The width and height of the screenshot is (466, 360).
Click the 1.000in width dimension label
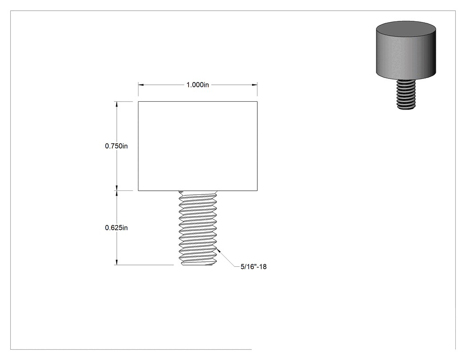click(x=197, y=85)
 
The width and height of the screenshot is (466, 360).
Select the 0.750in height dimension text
click(x=116, y=146)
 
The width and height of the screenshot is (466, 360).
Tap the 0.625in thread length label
click(x=116, y=228)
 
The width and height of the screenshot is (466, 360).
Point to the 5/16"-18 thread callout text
click(x=253, y=267)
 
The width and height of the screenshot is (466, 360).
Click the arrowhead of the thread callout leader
click(x=219, y=251)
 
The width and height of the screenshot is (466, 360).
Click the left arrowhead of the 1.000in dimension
click(x=141, y=85)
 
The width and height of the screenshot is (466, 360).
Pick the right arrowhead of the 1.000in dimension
click(x=254, y=85)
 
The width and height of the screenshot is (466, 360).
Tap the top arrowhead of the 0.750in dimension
click(x=116, y=104)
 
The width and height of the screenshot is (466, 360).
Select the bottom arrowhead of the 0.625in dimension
click(x=116, y=262)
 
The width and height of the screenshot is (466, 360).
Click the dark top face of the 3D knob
click(x=406, y=29)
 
